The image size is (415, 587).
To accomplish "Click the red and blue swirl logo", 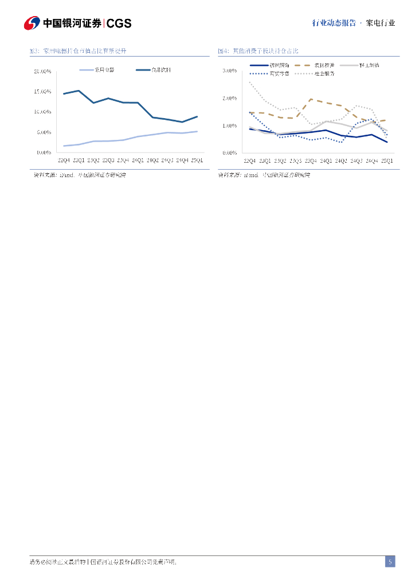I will [x=32, y=23].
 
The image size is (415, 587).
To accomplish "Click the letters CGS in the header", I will [x=119, y=24].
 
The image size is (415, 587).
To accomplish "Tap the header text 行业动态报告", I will [x=333, y=24].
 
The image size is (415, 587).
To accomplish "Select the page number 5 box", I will [x=390, y=562].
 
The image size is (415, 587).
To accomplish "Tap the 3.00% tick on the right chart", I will [x=229, y=71].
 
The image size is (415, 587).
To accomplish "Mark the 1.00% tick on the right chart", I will [x=229, y=126].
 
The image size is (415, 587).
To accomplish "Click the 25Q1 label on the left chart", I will [x=197, y=161].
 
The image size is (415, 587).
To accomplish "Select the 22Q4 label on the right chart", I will [x=250, y=161].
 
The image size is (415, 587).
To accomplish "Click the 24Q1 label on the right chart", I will [x=326, y=161].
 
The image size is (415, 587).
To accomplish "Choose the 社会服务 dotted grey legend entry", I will [x=324, y=73].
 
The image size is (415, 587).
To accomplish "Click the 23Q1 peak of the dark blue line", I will [x=79, y=91].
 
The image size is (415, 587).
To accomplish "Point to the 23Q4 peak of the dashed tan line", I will [x=311, y=99].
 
